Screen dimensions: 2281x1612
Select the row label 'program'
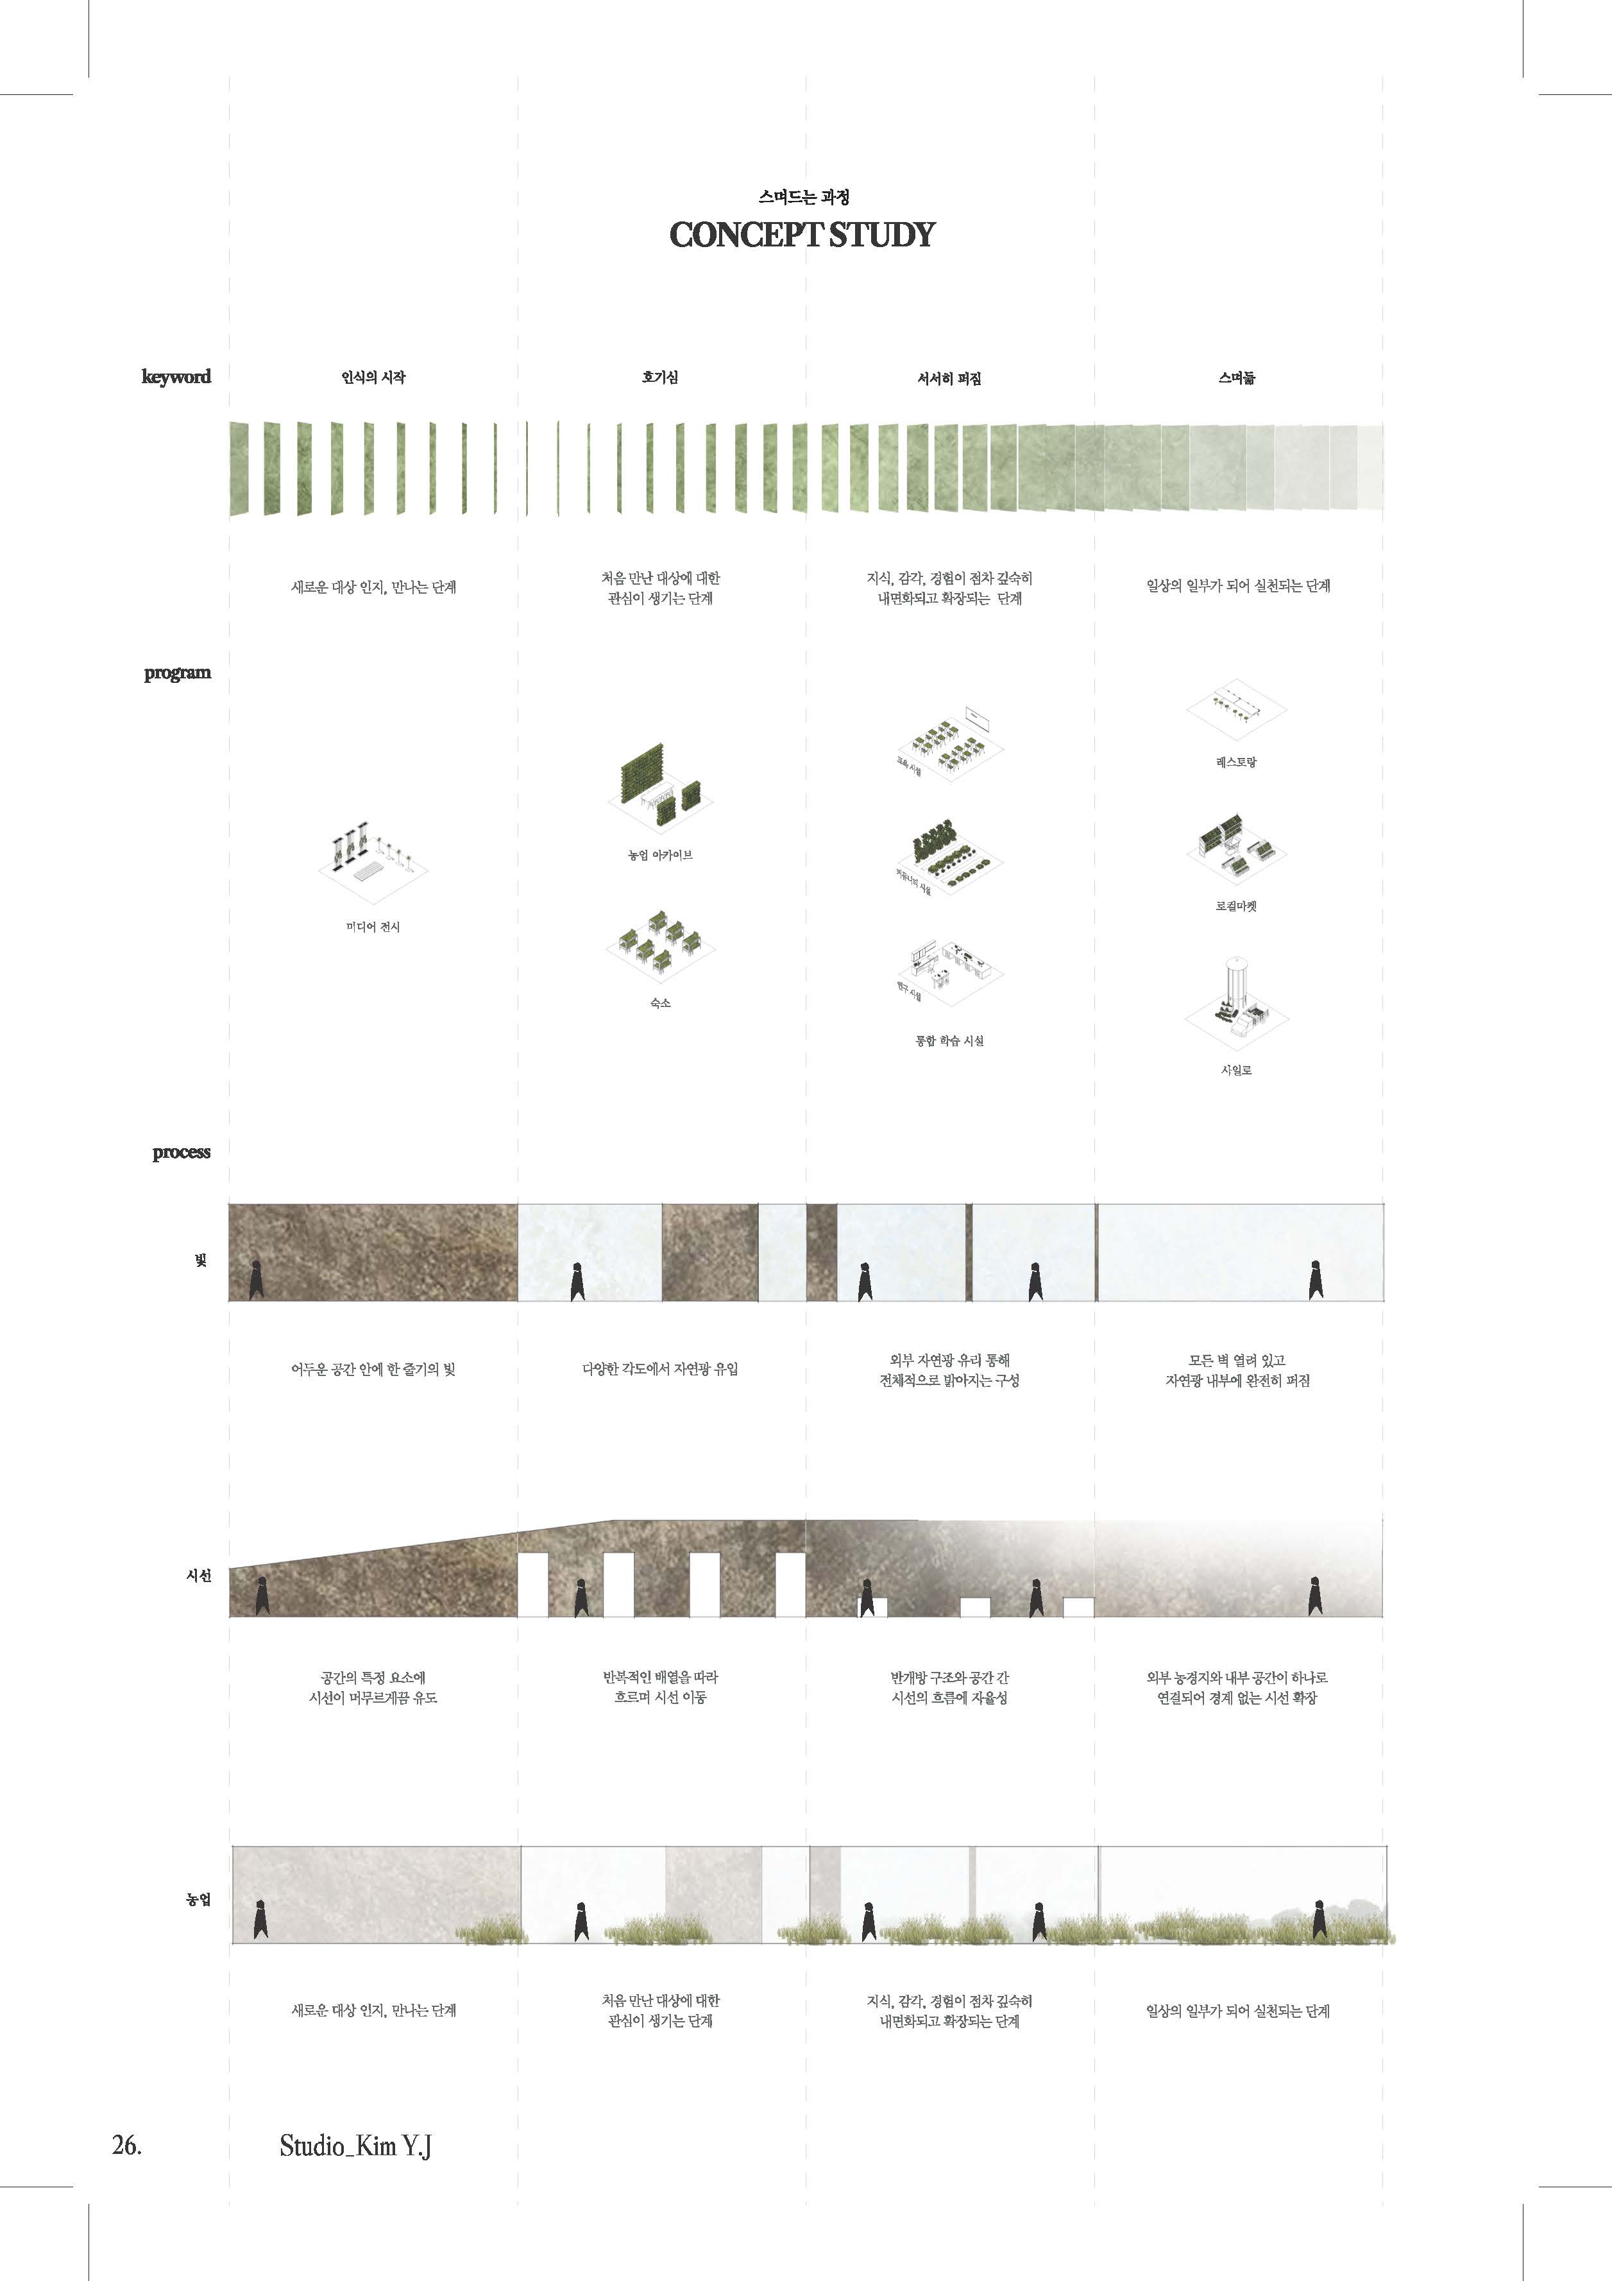177,673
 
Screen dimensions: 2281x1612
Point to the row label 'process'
181,1153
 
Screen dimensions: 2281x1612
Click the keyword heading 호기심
659,377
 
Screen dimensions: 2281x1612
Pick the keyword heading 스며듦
1237,377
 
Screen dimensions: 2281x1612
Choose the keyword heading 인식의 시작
373,377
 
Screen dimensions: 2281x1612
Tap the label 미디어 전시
373,927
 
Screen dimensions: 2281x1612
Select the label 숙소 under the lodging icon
659,1003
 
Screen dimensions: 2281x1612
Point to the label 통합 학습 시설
949,1041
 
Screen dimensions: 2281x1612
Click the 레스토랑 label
1237,762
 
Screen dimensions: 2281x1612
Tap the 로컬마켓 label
1237,906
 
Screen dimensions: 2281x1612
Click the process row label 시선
199,1576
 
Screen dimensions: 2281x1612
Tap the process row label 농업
199,1900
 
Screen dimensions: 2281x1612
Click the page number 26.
126,2145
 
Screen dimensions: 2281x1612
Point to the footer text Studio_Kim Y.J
355,2146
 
